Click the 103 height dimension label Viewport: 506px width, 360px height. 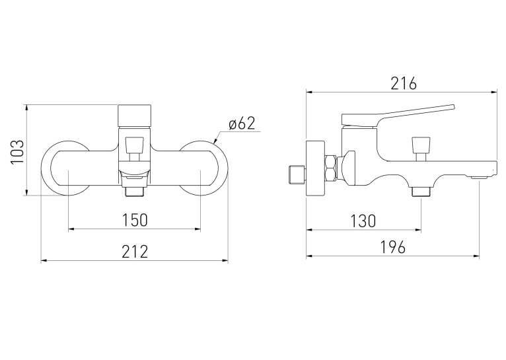[17, 152]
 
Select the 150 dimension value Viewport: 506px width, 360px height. [135, 220]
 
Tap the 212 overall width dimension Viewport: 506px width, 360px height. [135, 251]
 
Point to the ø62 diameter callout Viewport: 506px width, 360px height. [242, 124]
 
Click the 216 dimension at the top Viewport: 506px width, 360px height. [404, 83]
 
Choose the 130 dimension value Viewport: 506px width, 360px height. [363, 221]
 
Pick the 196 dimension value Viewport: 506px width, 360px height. [393, 248]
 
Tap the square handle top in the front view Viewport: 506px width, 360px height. [135, 116]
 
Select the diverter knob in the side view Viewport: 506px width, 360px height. [421, 149]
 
